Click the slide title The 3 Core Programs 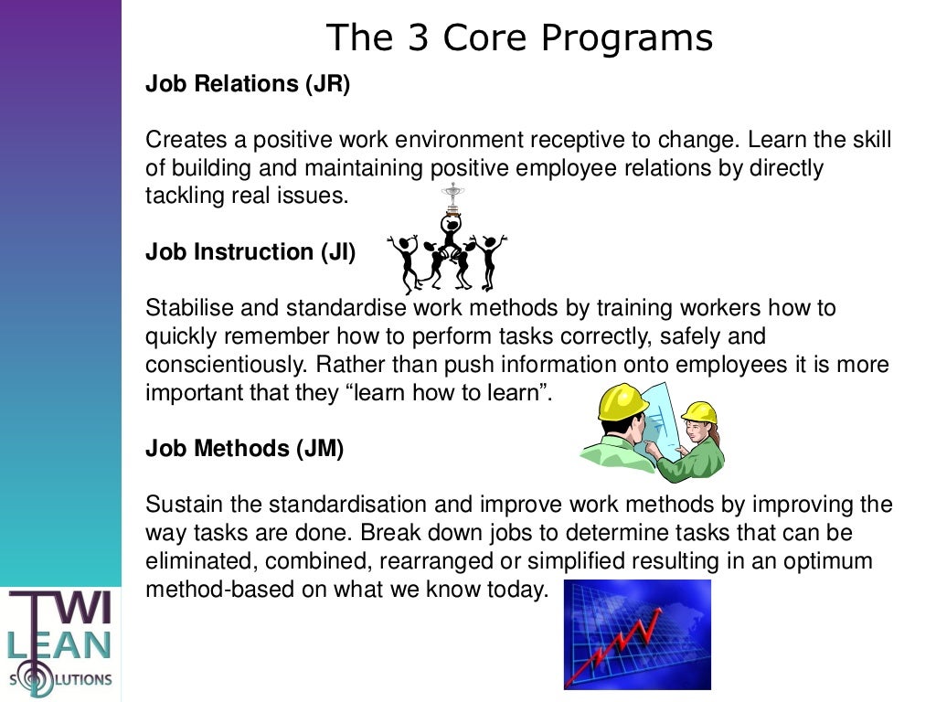[x=519, y=38]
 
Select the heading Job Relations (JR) [x=248, y=84]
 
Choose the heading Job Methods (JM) [x=244, y=449]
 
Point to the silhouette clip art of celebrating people [x=448, y=251]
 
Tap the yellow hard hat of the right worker [x=699, y=412]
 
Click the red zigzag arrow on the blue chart [x=622, y=644]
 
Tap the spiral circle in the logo [x=36, y=679]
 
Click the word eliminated [x=190, y=560]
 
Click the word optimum [x=831, y=560]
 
